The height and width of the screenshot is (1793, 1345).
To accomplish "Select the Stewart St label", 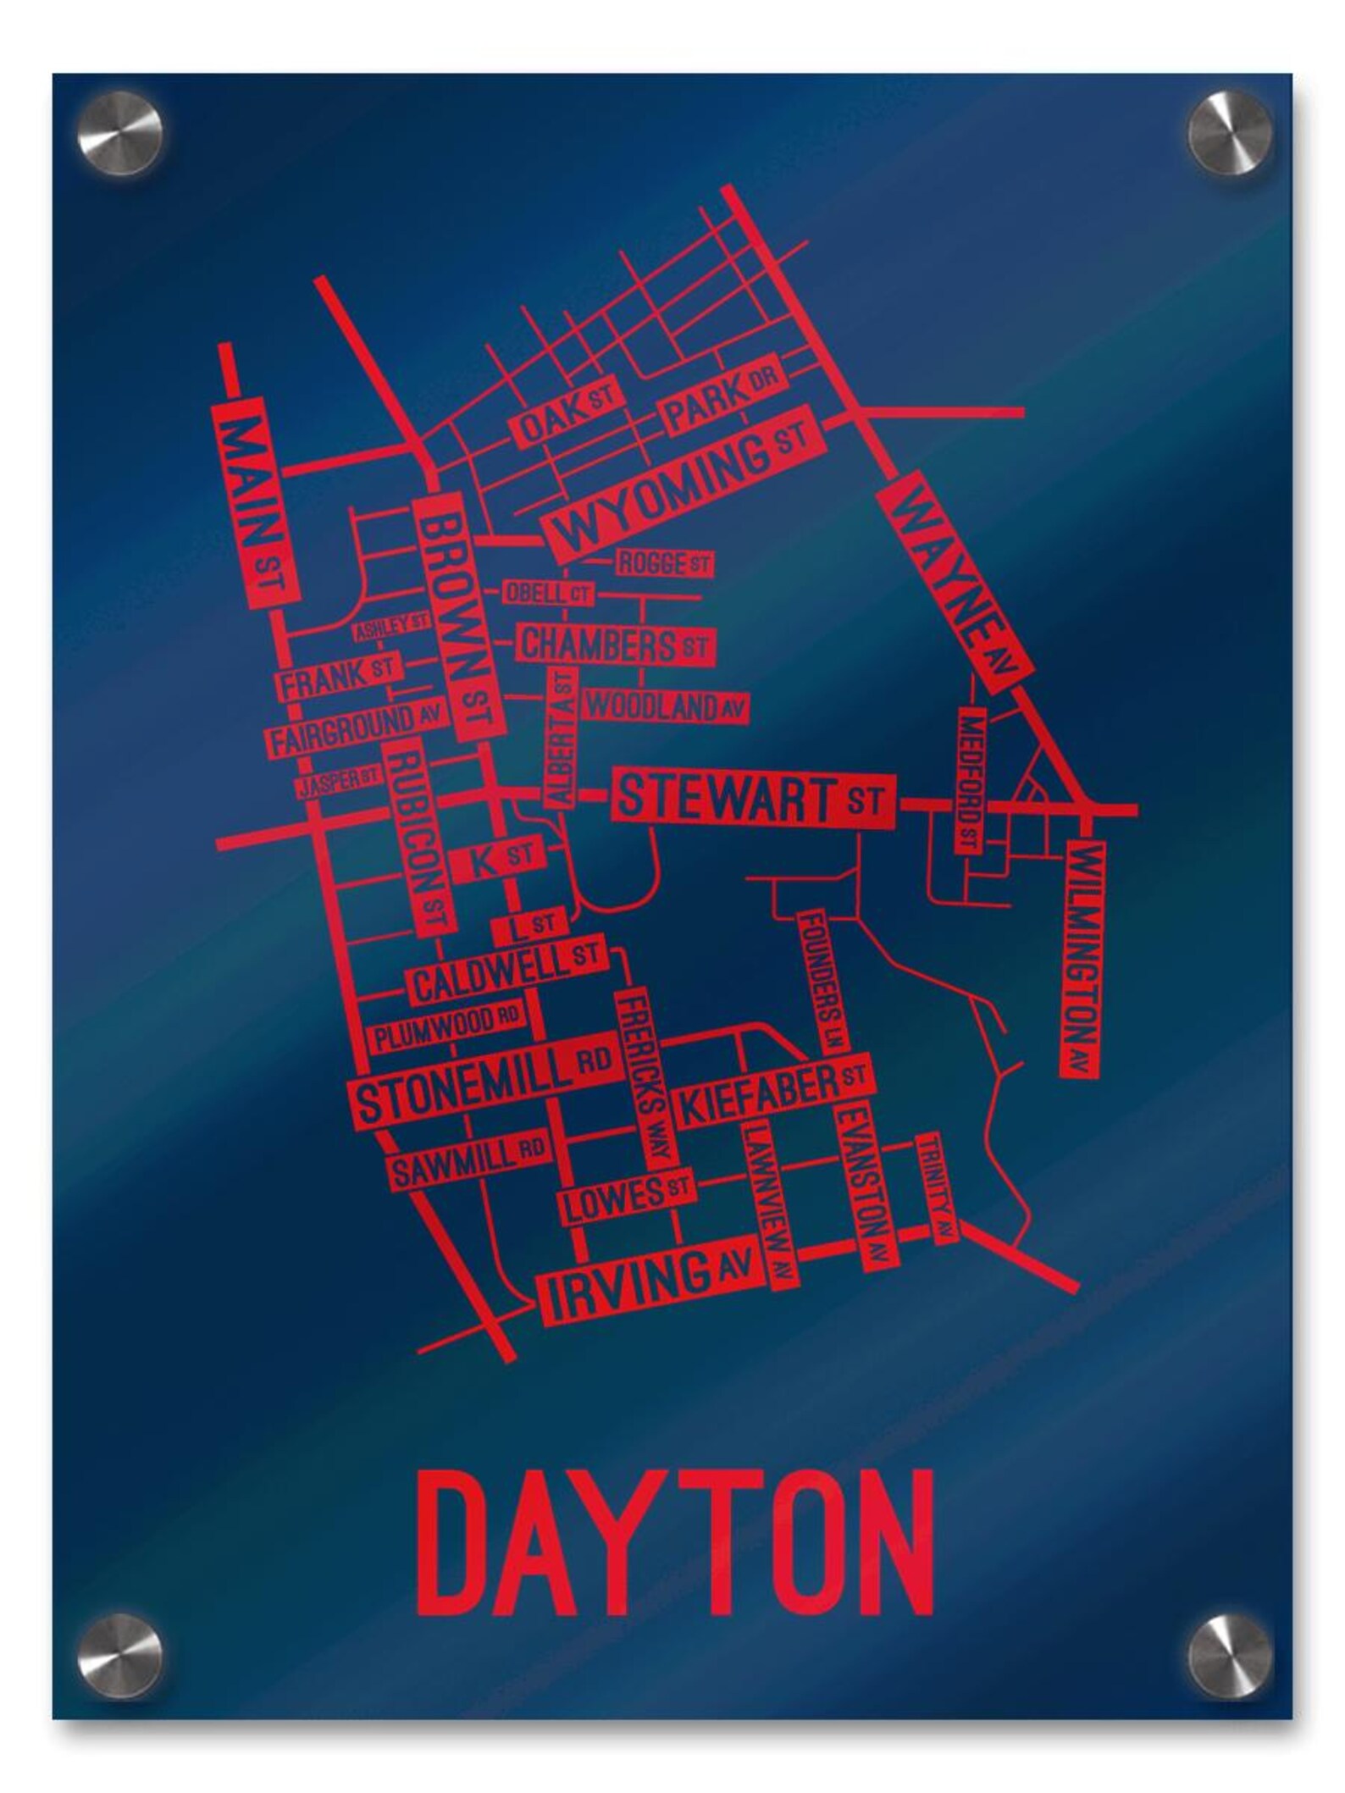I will click(752, 800).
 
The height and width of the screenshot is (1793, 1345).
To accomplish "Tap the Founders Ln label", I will click(824, 981).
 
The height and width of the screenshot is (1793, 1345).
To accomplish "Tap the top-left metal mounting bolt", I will click(120, 133).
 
